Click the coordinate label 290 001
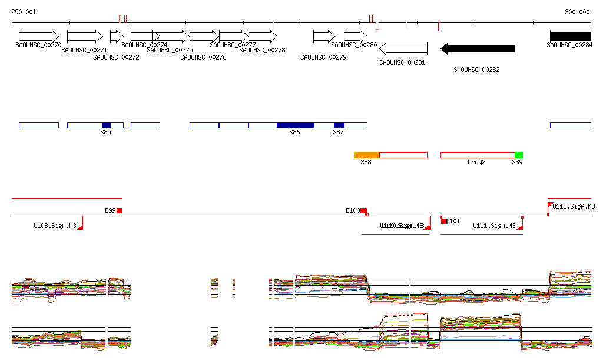24,12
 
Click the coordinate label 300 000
577,12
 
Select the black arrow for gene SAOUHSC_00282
478,49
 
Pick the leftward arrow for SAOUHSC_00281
403,49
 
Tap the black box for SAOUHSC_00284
570,36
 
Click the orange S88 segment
367,155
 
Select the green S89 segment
518,155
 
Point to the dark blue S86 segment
295,125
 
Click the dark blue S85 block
107,125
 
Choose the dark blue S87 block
339,125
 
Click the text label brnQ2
476,161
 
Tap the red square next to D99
120,210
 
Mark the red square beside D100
364,210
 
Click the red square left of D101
444,220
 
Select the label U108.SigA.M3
55,226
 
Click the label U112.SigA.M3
574,206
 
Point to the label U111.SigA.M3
494,226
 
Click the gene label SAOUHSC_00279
323,57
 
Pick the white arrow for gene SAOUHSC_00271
85,36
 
